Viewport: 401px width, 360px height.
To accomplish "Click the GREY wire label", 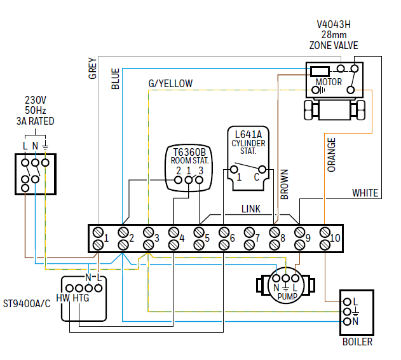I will pyautogui.click(x=92, y=69).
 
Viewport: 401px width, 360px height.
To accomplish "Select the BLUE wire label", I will pyautogui.click(x=115, y=78).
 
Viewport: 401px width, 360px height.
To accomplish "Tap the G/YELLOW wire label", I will pyautogui.click(x=170, y=84).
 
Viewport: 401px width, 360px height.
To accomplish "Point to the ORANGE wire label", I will pyautogui.click(x=331, y=155).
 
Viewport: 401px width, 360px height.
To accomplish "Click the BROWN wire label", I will pyautogui.click(x=284, y=184).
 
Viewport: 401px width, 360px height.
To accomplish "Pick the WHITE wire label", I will pyautogui.click(x=365, y=193).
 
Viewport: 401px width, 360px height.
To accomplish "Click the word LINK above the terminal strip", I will pyautogui.click(x=250, y=209).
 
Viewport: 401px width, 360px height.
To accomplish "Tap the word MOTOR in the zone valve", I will pyautogui.click(x=329, y=82).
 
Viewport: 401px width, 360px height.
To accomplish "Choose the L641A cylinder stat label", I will pyautogui.click(x=248, y=134).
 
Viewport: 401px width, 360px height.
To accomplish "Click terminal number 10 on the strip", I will pyautogui.click(x=336, y=238).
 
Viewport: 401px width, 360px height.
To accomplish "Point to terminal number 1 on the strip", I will pyautogui.click(x=107, y=238).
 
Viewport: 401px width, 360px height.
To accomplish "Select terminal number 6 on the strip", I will pyautogui.click(x=233, y=238).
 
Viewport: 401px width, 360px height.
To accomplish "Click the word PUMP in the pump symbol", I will pyautogui.click(x=287, y=296).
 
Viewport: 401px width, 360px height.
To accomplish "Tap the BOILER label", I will pyautogui.click(x=357, y=342).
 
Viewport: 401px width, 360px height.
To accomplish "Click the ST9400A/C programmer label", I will pyautogui.click(x=27, y=303).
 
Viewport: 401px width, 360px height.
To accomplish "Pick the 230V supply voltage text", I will pyautogui.click(x=36, y=100).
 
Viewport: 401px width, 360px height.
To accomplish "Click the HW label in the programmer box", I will pyautogui.click(x=63, y=298).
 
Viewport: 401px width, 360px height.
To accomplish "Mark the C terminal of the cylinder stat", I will pyautogui.click(x=256, y=176).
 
